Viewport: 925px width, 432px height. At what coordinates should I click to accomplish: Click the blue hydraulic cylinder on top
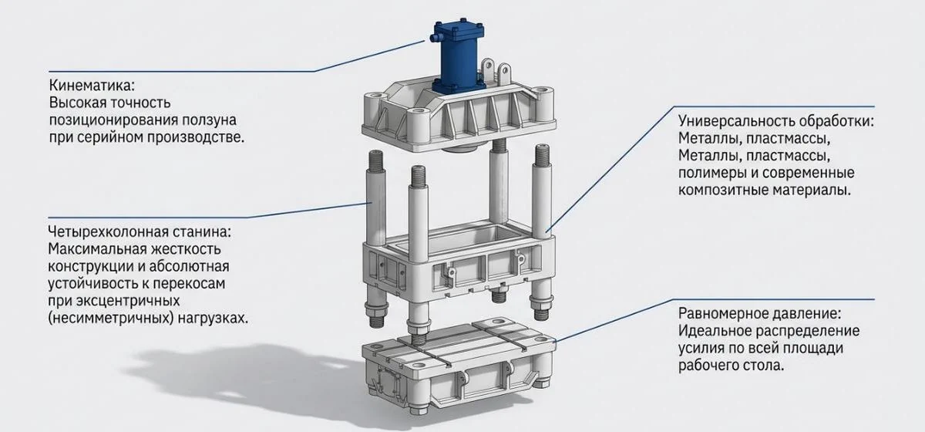click(x=458, y=57)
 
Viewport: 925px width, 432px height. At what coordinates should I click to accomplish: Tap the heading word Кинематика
click(x=92, y=86)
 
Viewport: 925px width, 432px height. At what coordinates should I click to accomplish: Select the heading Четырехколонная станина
click(x=140, y=231)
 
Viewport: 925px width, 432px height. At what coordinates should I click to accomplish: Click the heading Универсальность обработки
click(x=776, y=121)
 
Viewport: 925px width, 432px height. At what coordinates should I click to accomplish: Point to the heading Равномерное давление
click(x=759, y=313)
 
